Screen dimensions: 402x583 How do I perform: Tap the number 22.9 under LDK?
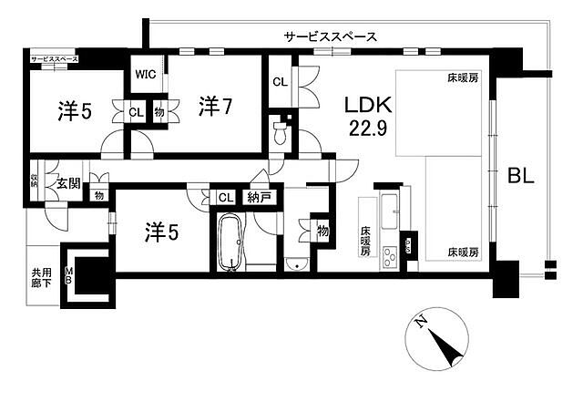[x=368, y=129]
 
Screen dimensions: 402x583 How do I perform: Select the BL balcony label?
[x=520, y=174]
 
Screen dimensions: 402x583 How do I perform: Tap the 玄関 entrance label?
[x=68, y=182]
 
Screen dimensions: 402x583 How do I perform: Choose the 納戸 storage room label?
[x=260, y=198]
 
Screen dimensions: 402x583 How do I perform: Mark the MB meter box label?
[x=68, y=275]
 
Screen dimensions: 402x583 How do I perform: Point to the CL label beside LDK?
[x=281, y=82]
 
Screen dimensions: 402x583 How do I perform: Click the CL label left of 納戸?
[x=224, y=198]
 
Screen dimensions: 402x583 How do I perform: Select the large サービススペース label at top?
[x=330, y=36]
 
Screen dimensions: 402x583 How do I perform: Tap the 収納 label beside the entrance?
[x=34, y=179]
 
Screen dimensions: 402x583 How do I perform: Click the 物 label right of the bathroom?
[x=322, y=230]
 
